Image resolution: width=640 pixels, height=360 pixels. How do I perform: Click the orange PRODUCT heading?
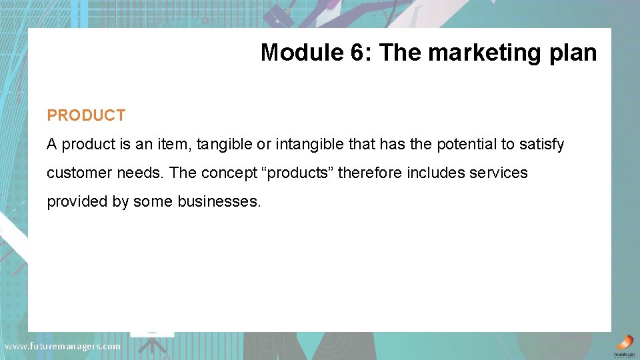coord(86,115)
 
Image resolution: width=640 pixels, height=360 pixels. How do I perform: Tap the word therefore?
coord(370,173)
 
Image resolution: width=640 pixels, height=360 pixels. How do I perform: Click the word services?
coord(497,173)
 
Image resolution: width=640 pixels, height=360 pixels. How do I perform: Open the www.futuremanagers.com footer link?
coord(63,347)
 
